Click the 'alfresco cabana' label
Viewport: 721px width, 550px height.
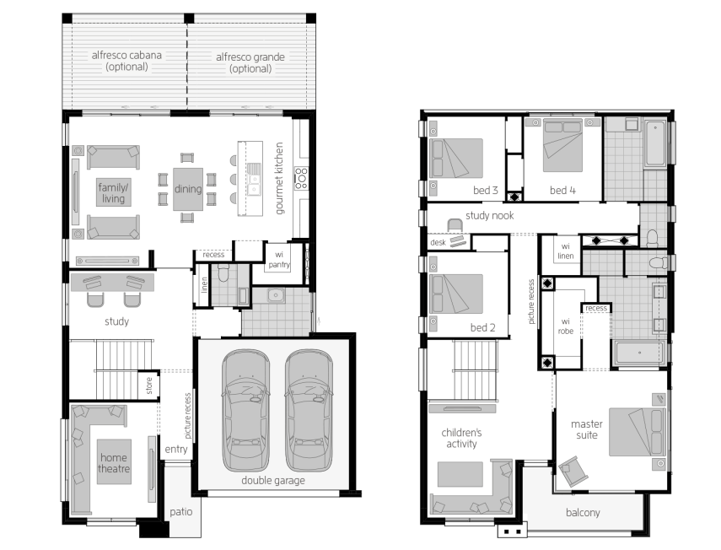(126, 55)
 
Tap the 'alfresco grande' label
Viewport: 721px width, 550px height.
(250, 57)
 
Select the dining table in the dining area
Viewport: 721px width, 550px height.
(187, 189)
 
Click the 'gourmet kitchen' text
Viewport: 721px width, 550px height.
(279, 178)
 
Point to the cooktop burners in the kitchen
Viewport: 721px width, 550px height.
(301, 179)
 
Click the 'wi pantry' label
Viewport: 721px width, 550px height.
(279, 259)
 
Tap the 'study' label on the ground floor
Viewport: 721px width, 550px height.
(117, 321)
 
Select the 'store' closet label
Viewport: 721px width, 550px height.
(149, 386)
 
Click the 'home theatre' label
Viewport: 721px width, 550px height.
(114, 462)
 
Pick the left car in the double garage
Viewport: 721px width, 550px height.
(245, 410)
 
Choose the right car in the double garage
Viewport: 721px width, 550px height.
(309, 410)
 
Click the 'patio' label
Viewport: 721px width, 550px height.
(180, 512)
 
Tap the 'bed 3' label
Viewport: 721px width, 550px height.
(486, 190)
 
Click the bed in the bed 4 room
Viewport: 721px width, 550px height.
(562, 145)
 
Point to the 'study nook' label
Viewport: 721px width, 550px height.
(490, 215)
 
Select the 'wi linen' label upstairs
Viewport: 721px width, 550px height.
(566, 251)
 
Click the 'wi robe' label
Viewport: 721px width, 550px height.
(566, 326)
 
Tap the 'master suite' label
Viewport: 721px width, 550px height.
(587, 429)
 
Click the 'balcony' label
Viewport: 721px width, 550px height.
(583, 512)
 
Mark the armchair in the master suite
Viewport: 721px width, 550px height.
(573, 471)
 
